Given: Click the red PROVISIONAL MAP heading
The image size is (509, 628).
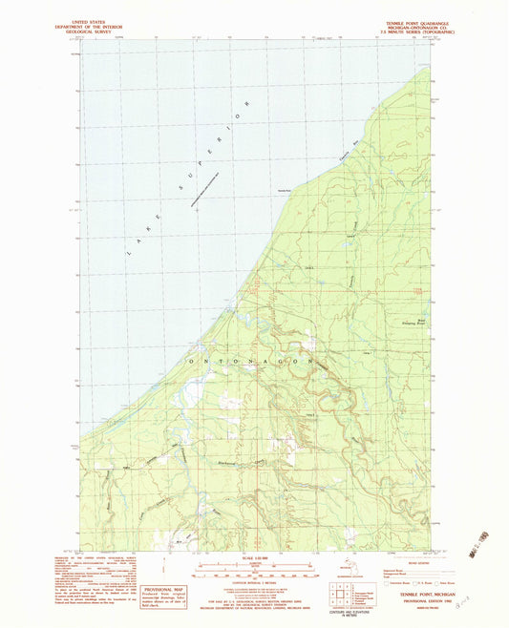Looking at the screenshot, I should click(x=162, y=588).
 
